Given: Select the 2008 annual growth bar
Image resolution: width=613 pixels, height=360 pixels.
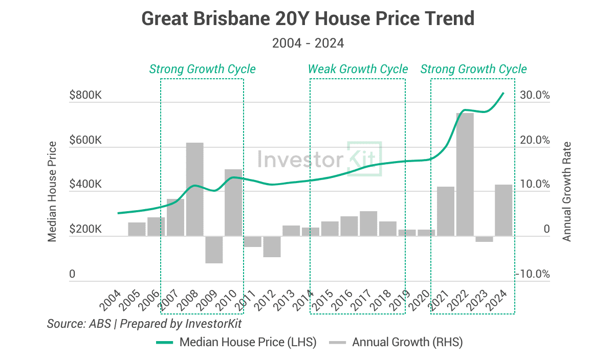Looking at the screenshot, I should [194, 189].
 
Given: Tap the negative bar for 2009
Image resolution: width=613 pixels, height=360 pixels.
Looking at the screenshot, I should [214, 250].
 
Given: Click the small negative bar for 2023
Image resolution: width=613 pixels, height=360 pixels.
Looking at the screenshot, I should [484, 239].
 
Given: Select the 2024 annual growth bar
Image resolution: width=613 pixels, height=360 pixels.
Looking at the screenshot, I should [503, 210].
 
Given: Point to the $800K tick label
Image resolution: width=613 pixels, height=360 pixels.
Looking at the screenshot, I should [85, 96].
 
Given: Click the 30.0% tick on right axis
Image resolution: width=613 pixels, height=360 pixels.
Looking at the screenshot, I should [535, 96].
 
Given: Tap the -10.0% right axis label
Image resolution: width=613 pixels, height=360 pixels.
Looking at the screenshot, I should [534, 275].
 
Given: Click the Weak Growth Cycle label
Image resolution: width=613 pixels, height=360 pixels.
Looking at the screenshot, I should [358, 69].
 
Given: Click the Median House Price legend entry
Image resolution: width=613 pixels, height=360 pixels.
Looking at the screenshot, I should [236, 342].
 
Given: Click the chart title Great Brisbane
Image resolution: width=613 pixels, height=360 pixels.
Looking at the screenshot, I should [308, 19].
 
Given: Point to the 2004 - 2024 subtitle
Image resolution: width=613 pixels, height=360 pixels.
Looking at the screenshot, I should [308, 43].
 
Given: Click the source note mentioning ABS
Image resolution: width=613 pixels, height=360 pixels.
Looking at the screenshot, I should [144, 323].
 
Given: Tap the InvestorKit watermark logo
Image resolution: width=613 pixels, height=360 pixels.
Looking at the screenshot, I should [320, 159].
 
